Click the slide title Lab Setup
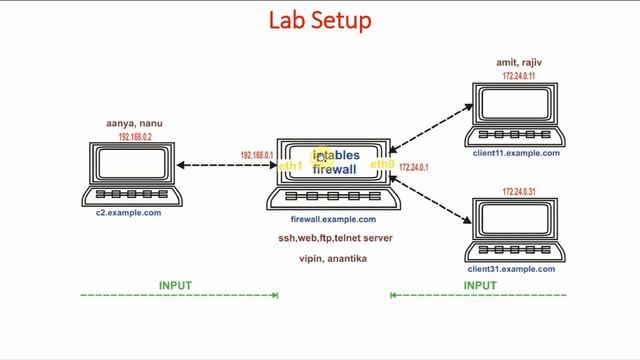[320, 20]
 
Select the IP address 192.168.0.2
[135, 137]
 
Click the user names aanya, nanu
[134, 124]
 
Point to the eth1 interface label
[290, 166]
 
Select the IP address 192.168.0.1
[257, 155]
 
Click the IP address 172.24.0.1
[413, 168]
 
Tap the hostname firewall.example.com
[333, 219]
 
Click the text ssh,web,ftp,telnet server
[335, 239]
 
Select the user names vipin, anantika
[333, 259]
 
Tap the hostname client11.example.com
[516, 153]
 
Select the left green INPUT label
[175, 286]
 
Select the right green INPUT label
[480, 286]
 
